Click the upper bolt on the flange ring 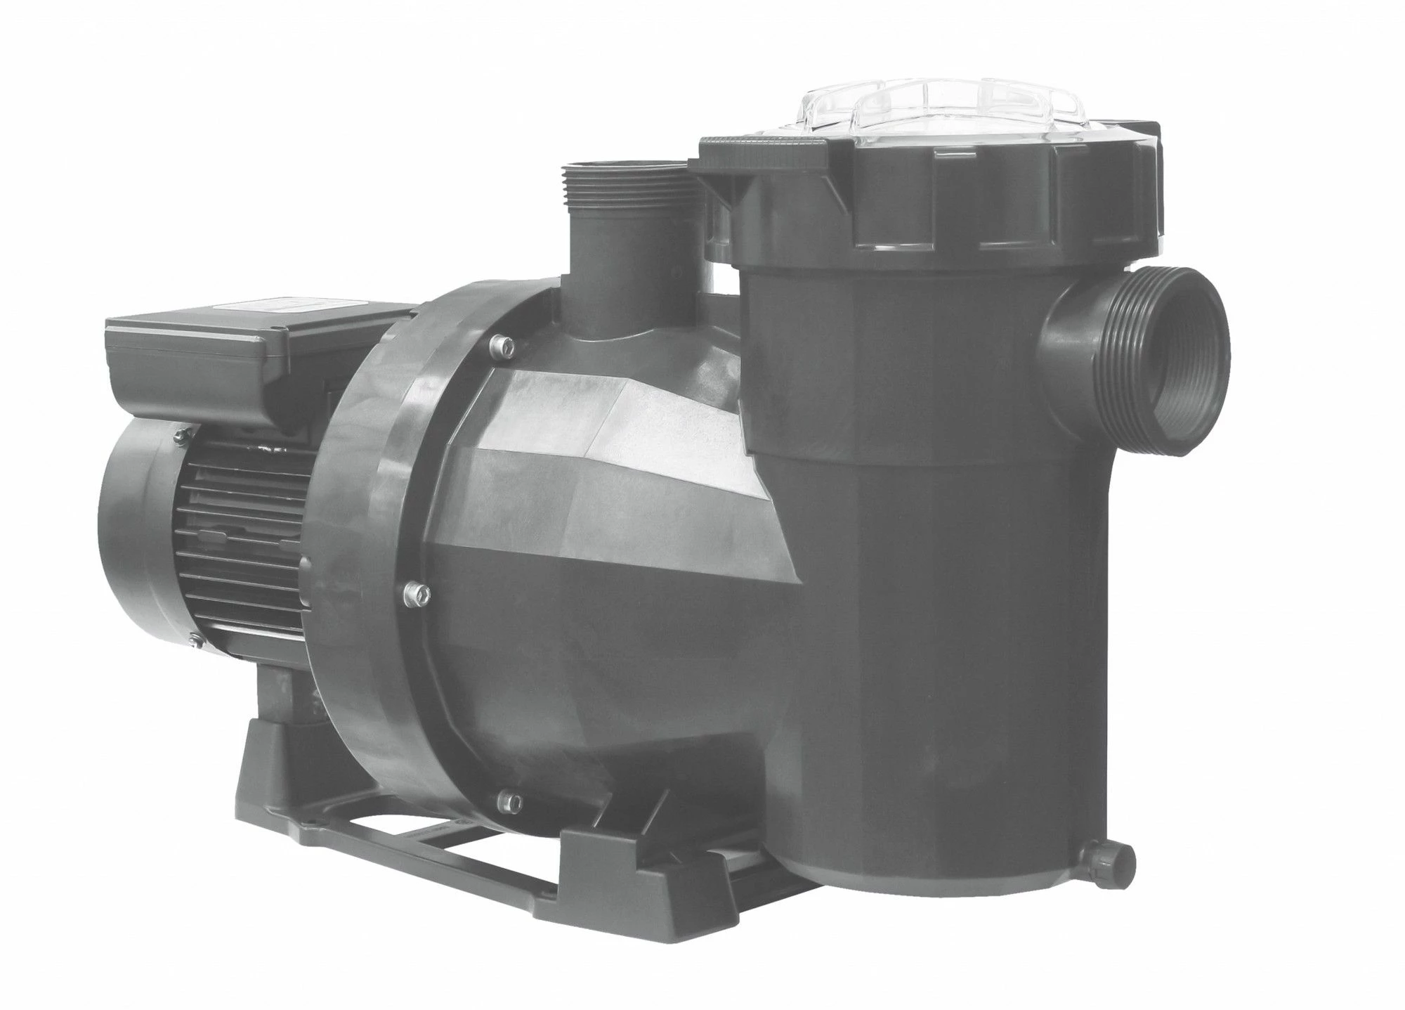[x=500, y=342]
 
